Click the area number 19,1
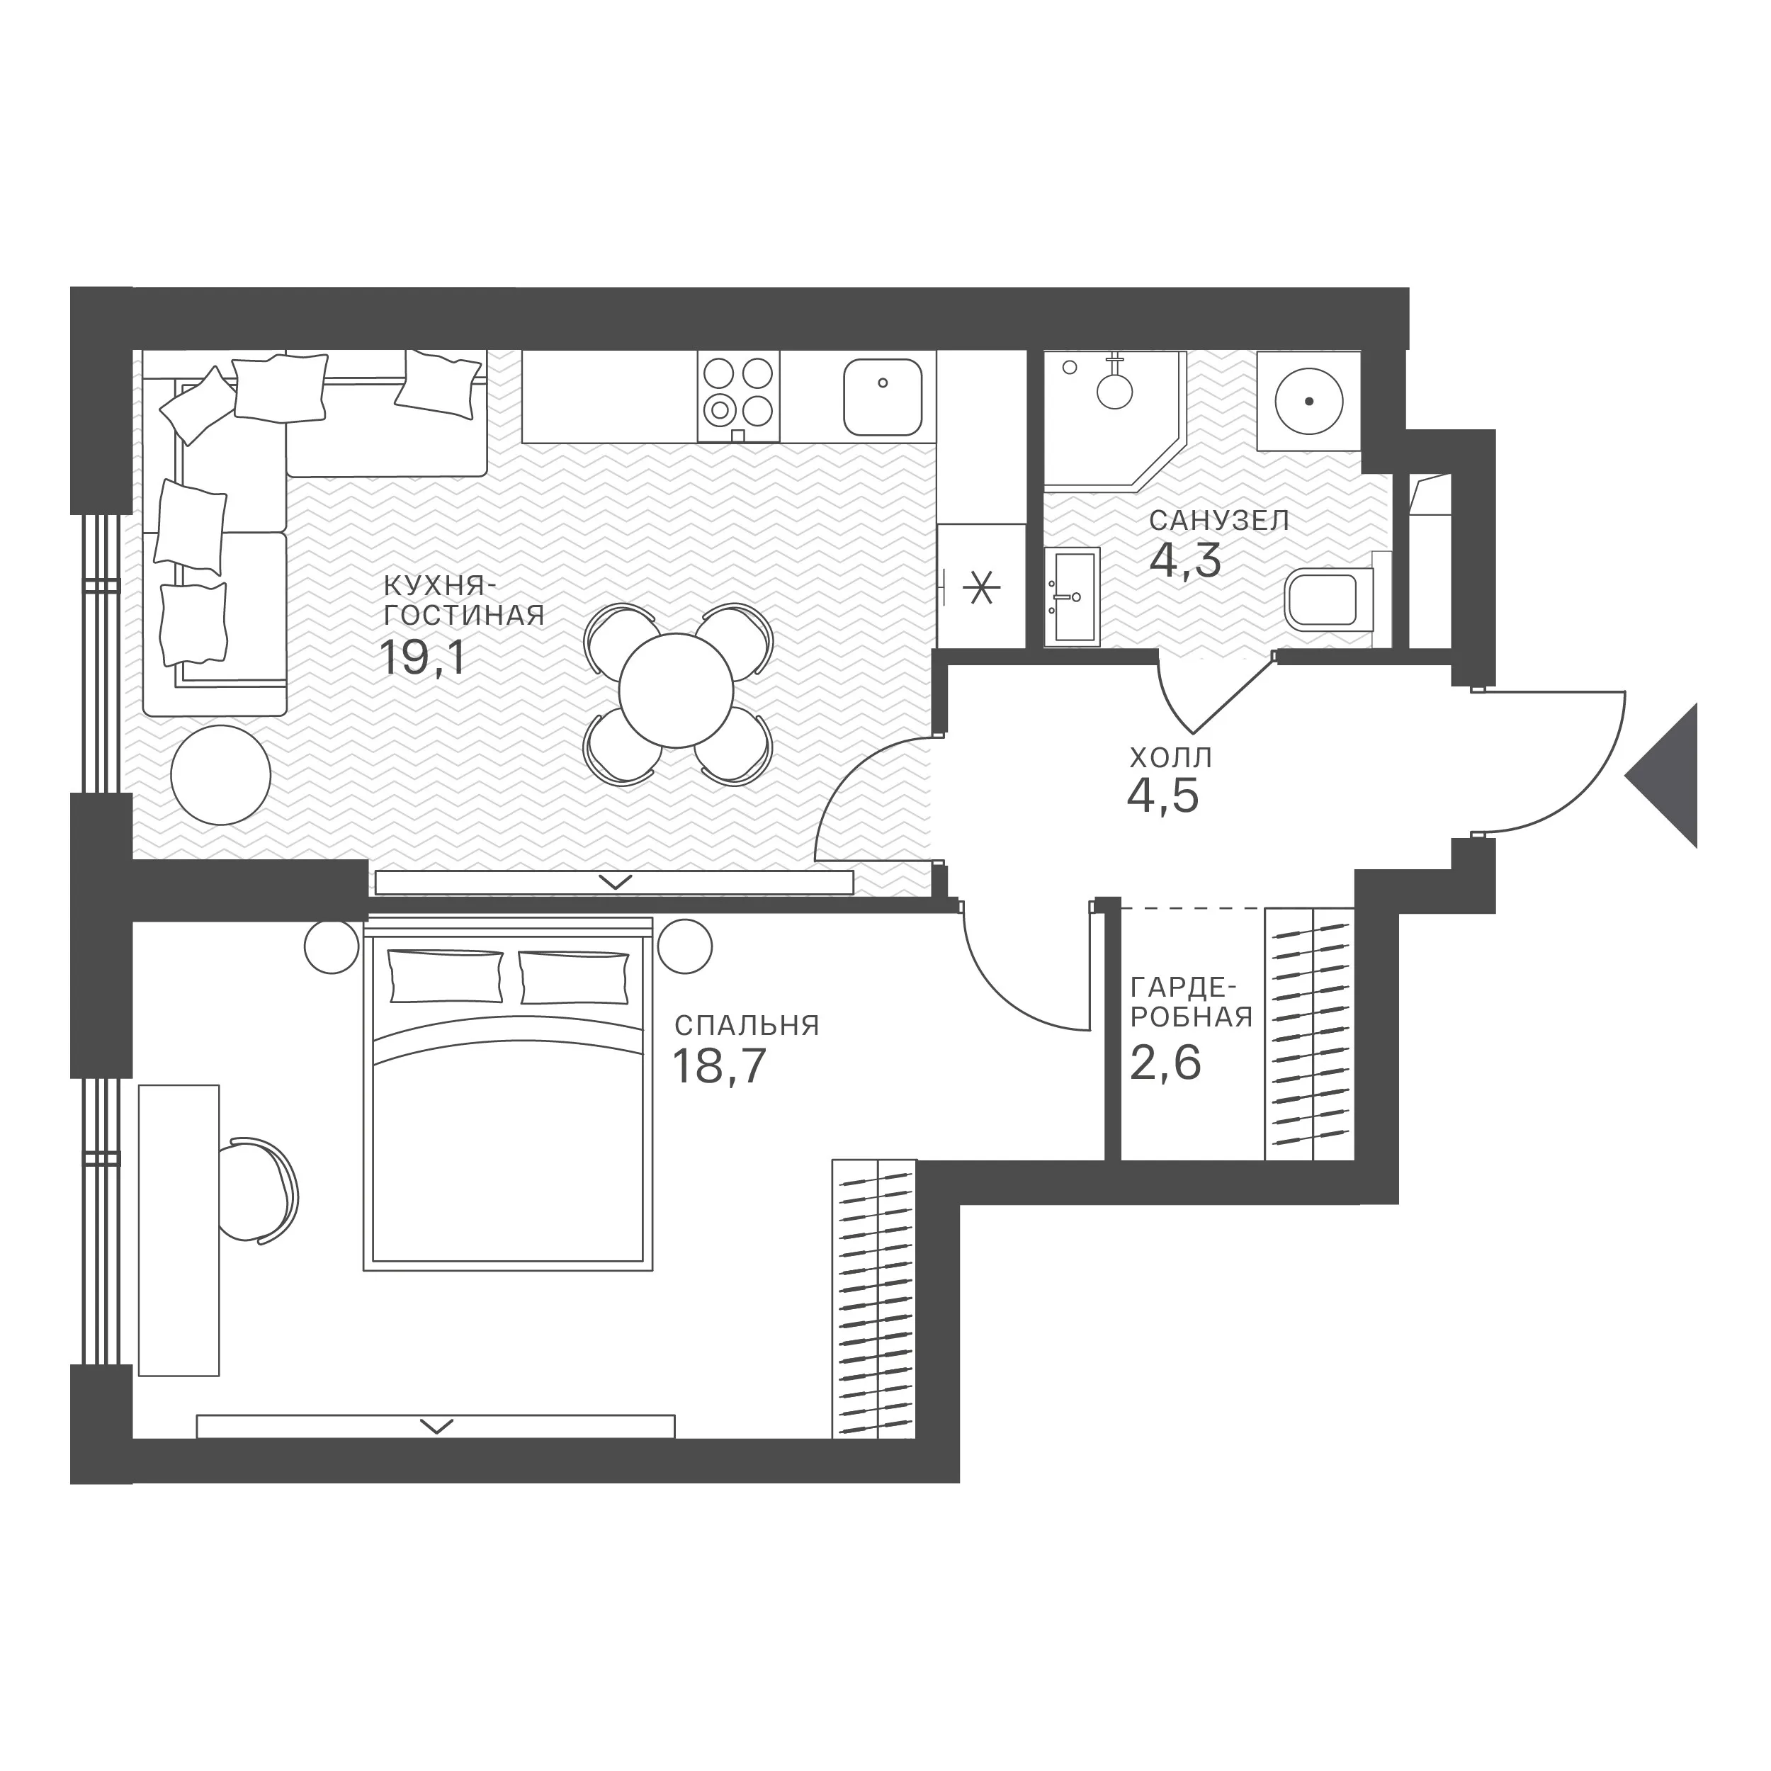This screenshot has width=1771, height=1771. click(x=424, y=657)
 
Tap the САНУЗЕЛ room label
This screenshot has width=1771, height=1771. click(x=1219, y=521)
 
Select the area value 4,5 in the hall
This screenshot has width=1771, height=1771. click(x=1162, y=796)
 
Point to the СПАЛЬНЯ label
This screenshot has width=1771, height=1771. click(x=746, y=1025)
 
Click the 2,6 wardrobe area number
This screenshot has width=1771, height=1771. click(x=1165, y=1063)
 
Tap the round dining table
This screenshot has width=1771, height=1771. click(x=676, y=690)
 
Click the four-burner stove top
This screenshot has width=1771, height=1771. click(x=738, y=397)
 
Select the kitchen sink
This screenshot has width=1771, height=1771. click(x=883, y=397)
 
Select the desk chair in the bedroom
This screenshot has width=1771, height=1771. click(x=264, y=1191)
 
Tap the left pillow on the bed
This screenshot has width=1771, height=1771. click(x=446, y=976)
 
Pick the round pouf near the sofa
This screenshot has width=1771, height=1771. click(x=221, y=774)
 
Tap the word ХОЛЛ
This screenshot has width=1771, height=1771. click(x=1170, y=758)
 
